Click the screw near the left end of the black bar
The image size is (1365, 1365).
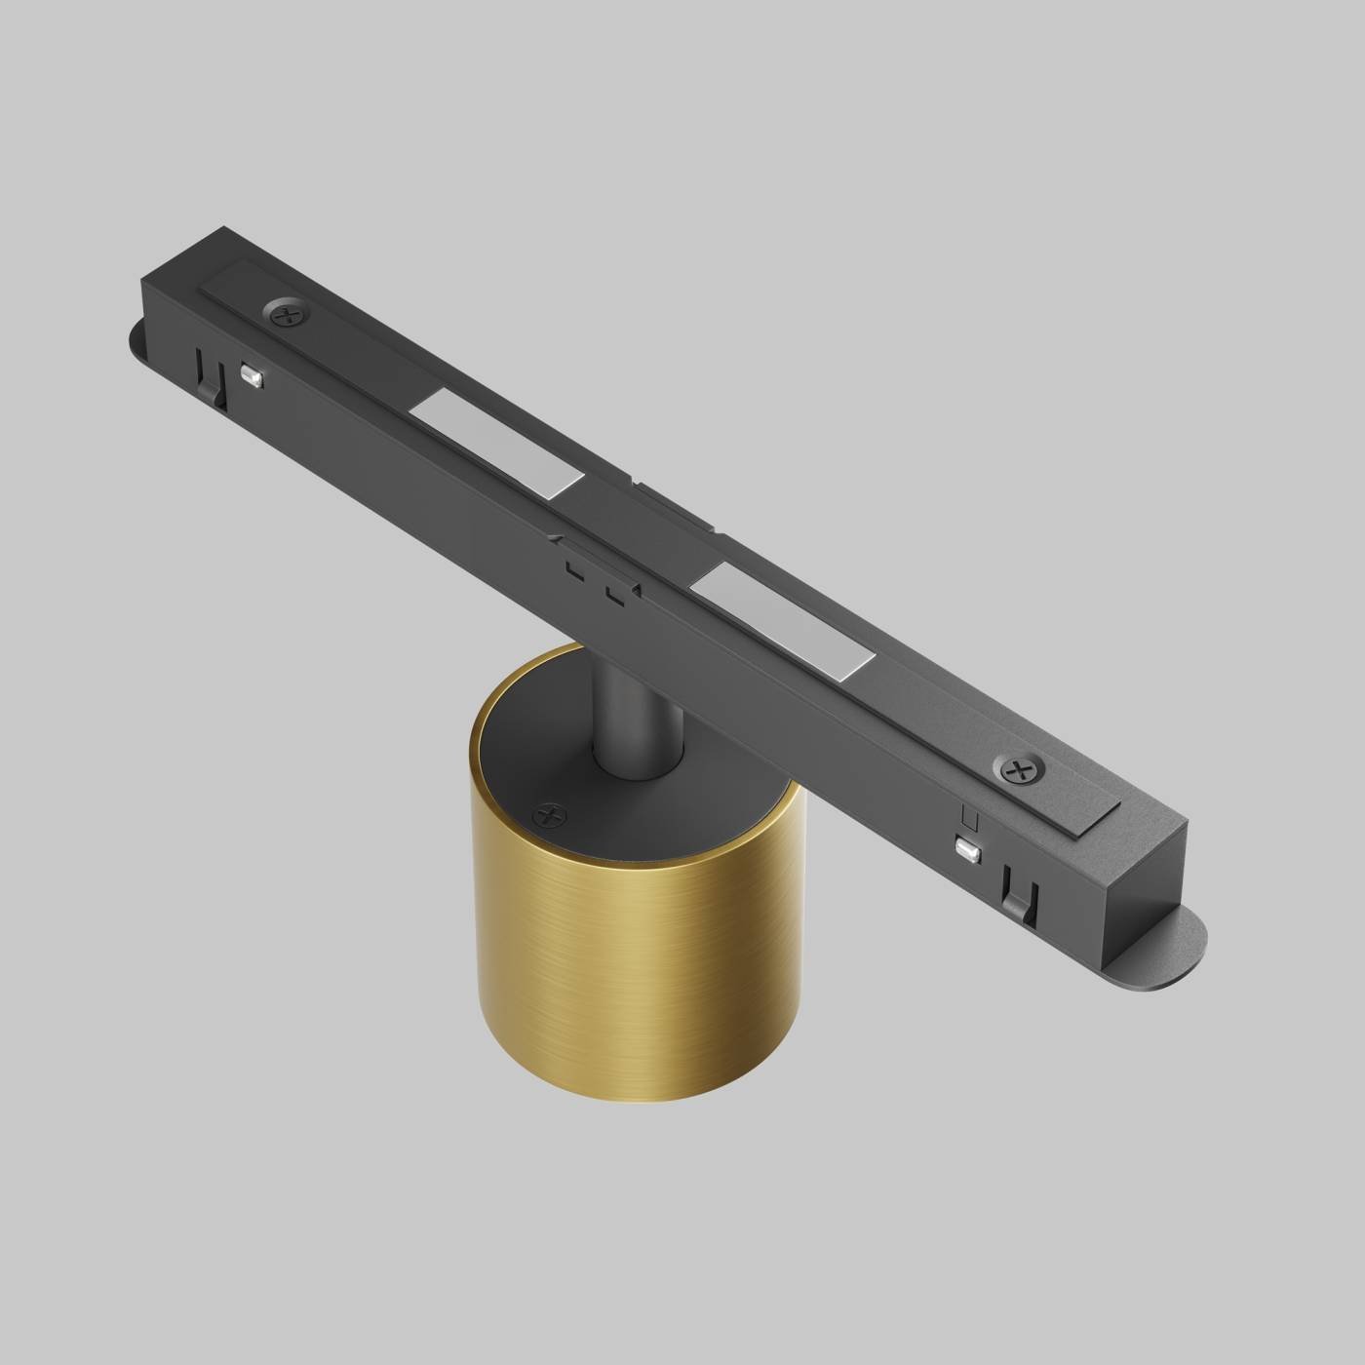288,314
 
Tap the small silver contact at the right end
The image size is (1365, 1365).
968,850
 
